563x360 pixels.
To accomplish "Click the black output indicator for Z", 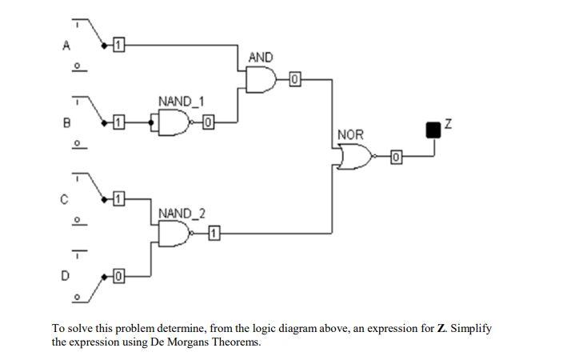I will [x=433, y=129].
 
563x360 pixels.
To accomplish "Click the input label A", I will [x=66, y=46].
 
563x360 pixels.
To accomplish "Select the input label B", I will [x=66, y=122].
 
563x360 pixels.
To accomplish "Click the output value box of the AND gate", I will [x=294, y=79].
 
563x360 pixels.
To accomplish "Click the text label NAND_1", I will [x=181, y=102].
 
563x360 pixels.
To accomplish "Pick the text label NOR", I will [x=350, y=135].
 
